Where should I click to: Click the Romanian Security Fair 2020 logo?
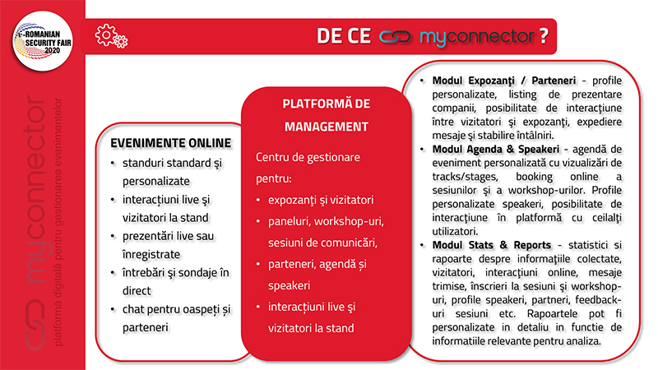click(x=43, y=41)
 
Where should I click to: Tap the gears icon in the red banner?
click(x=111, y=35)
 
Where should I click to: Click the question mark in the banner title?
click(x=544, y=36)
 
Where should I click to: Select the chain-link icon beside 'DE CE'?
click(x=395, y=36)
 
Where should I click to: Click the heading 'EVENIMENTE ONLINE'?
click(x=171, y=143)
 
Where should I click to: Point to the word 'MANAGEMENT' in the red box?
click(x=327, y=127)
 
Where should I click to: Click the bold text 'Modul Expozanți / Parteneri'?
click(x=504, y=81)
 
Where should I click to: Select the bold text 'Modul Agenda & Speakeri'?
click(x=496, y=150)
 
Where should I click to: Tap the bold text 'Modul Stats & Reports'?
click(x=491, y=245)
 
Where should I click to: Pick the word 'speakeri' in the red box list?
click(x=290, y=285)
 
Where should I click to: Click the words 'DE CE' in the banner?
click(x=344, y=36)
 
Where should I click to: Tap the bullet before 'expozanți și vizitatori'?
click(x=258, y=200)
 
